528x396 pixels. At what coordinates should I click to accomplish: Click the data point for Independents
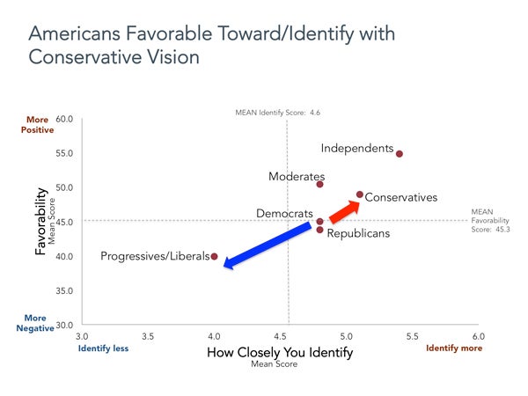[x=400, y=154]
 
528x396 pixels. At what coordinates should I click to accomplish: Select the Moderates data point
[x=319, y=184]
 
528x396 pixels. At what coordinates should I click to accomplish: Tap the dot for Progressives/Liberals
[x=215, y=256]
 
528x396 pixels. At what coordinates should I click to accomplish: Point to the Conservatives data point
[x=360, y=194]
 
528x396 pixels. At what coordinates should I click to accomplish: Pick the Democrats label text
[x=284, y=214]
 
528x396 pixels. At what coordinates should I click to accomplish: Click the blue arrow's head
[x=230, y=262]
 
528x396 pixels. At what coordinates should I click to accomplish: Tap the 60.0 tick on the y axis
[x=63, y=119]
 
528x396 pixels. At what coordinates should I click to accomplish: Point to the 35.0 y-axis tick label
[x=63, y=290]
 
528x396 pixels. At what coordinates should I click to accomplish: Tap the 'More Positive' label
[x=38, y=124]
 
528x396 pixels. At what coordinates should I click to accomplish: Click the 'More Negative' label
[x=36, y=323]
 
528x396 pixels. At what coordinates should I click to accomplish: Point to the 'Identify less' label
[x=104, y=348]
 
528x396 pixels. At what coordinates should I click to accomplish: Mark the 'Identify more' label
[x=454, y=348]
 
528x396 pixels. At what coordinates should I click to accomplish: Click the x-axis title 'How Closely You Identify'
[x=279, y=353]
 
